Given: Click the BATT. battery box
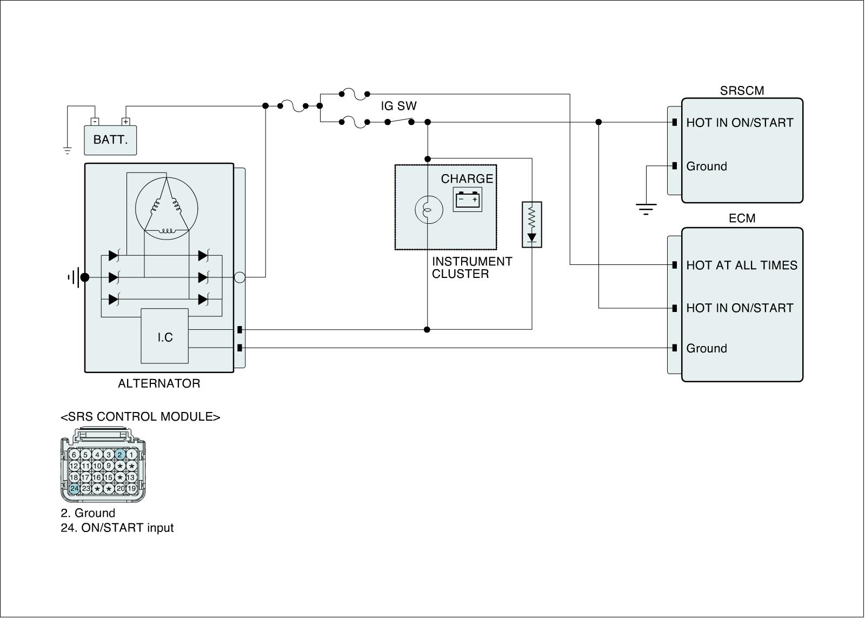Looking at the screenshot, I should [x=111, y=140].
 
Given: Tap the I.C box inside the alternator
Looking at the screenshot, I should [x=165, y=336].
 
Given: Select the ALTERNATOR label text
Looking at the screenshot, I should [x=159, y=384].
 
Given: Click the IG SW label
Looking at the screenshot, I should [x=398, y=106].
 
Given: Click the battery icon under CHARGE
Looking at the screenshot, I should [x=467, y=200].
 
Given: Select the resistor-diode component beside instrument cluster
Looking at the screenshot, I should [x=531, y=224].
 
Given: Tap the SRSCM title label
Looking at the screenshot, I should [x=742, y=91].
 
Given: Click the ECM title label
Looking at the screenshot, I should [x=742, y=218].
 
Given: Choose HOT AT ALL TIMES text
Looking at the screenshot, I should [x=741, y=265].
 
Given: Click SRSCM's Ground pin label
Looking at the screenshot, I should [x=707, y=166].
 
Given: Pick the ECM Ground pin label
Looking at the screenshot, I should [x=707, y=348].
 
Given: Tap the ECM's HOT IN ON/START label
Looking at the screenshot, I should [x=740, y=308].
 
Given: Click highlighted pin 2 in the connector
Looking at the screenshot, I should [x=120, y=455].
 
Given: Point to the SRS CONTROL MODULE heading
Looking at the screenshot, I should [x=141, y=417].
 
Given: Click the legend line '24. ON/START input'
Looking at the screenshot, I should [x=117, y=528].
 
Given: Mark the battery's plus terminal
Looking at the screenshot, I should [x=125, y=122].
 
